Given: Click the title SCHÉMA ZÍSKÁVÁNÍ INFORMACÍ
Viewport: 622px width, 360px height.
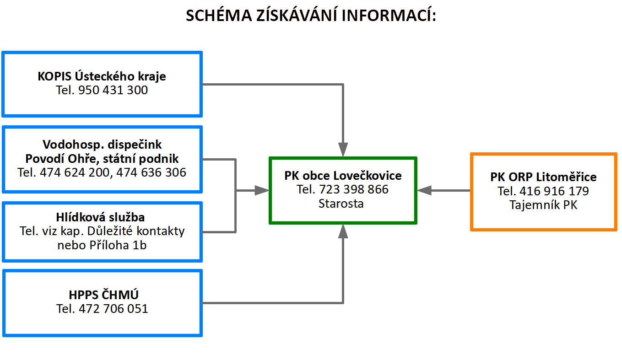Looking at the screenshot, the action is tap(311, 15).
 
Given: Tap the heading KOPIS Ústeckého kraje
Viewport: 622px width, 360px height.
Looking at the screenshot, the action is tap(102, 76).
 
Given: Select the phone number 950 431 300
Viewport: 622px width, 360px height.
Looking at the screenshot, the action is tap(113, 90).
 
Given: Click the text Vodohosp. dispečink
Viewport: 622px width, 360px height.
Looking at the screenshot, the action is tap(102, 145).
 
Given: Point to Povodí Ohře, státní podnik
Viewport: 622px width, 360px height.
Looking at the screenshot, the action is tap(102, 158).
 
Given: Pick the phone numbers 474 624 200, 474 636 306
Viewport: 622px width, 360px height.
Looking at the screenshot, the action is tap(113, 172).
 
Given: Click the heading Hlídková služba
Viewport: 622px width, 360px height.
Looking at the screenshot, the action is tap(100, 217).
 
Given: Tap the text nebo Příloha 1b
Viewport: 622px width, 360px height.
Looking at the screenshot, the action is tap(102, 245).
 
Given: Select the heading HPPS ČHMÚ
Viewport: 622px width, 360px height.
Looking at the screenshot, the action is tap(103, 295).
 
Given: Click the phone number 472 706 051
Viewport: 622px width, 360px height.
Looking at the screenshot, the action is tap(114, 309).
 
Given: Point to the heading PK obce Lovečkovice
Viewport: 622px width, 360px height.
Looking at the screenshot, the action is tap(343, 175).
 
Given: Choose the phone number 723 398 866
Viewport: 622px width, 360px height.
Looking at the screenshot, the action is tap(353, 189).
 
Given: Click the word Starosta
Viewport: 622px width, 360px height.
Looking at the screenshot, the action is tap(341, 204).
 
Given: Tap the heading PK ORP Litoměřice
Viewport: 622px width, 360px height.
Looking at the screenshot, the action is tap(543, 177).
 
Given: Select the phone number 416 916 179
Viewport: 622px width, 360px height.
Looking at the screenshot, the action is tap(554, 191).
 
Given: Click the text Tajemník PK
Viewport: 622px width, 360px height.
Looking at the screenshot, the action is tap(543, 205).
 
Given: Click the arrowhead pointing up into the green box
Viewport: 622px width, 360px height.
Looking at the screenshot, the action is tap(343, 231).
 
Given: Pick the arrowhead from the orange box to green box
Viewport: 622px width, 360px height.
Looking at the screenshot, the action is tap(424, 190).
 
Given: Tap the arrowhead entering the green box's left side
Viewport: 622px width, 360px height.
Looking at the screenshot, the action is tap(262, 190).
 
